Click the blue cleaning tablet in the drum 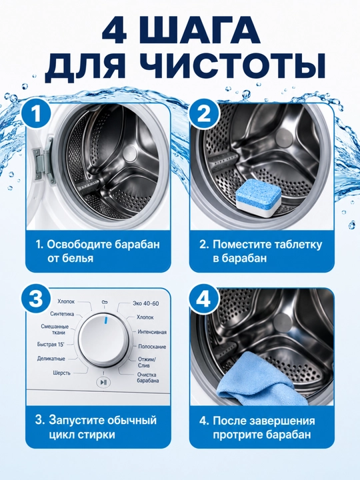pos(259,199)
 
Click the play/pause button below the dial pos(103,382)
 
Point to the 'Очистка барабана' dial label pos(147,377)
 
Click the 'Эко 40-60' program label pos(146,303)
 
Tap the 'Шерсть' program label pos(61,373)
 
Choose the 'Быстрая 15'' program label pos(51,345)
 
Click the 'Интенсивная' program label pos(152,332)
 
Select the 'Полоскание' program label pos(152,347)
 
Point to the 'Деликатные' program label pos(51,359)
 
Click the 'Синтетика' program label pos(62,314)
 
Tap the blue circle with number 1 pos(37,114)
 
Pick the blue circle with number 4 pos(204,299)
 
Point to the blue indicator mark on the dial pos(106,320)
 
